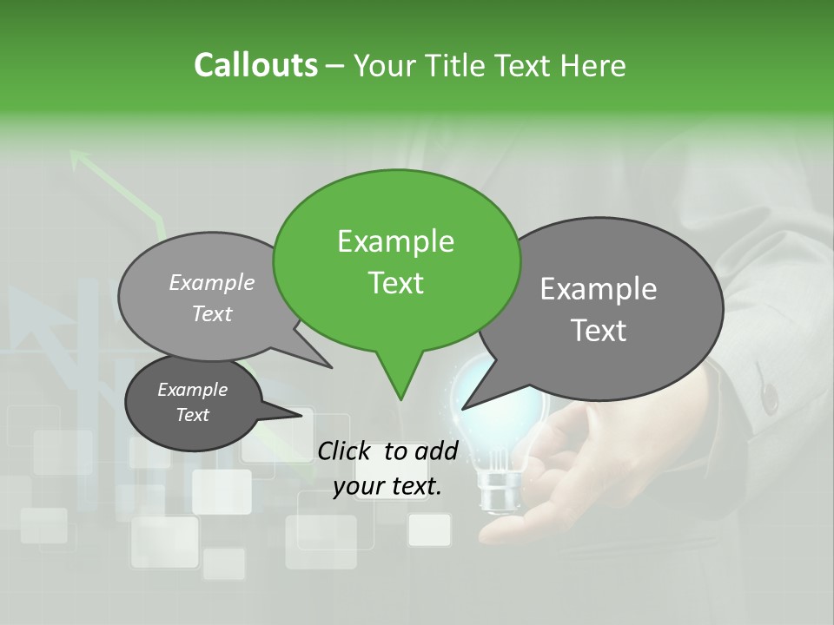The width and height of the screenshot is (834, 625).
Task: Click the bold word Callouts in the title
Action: click(255, 65)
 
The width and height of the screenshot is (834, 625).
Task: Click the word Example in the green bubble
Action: click(395, 241)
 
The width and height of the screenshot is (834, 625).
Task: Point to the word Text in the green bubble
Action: click(395, 283)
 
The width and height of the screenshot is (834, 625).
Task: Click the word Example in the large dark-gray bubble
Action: click(598, 289)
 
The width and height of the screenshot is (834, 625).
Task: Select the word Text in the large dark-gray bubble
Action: click(598, 331)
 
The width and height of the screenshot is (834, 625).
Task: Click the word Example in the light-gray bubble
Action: click(212, 282)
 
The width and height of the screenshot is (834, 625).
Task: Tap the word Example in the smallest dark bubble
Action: click(192, 390)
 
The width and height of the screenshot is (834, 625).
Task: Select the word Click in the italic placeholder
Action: click(344, 451)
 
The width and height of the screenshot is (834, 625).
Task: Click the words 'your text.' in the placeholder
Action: click(387, 486)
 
